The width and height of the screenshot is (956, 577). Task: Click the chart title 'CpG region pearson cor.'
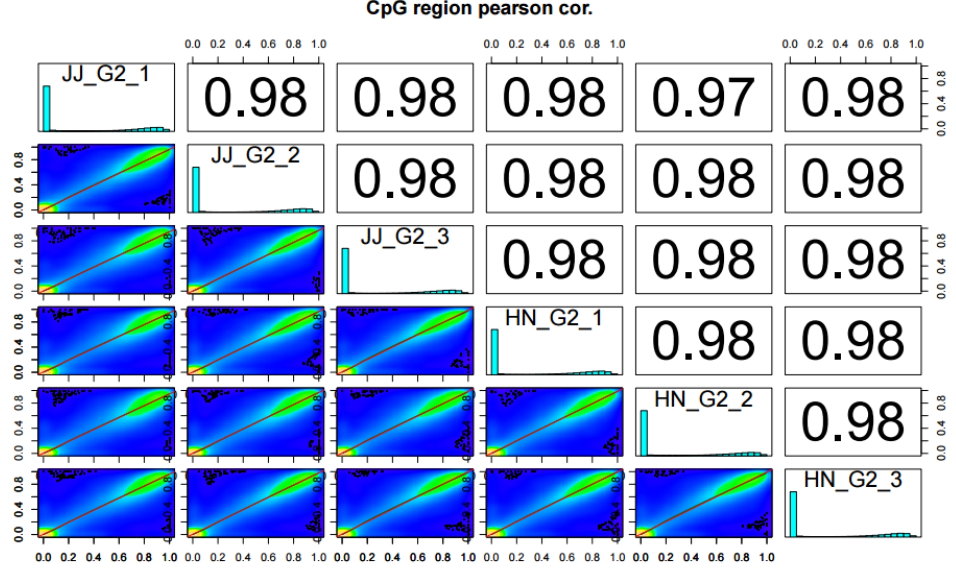pos(479,9)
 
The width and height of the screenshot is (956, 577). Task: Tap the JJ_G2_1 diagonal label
pos(106,74)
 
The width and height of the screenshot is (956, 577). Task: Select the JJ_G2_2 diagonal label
pos(255,155)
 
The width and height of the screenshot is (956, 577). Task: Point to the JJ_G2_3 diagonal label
pos(404,237)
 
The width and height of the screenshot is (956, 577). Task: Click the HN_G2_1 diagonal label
pos(554,318)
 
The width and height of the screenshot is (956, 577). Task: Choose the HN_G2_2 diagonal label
pos(703,400)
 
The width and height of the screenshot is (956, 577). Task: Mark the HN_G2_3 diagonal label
pos(852,480)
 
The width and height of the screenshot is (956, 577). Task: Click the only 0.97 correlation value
pos(703,98)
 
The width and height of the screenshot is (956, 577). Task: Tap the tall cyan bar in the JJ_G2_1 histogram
pos(46,109)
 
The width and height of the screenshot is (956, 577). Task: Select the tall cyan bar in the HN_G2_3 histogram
pos(793,514)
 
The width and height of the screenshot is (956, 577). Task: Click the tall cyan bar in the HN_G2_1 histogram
pos(495,352)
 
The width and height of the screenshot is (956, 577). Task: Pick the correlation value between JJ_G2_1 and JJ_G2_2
pos(255,98)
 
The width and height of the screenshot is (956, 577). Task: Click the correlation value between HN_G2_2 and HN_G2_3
pos(852,422)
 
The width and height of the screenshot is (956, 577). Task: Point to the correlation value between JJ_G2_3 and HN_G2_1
pos(554,260)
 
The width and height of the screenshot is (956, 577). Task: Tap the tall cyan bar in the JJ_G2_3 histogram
pos(345,271)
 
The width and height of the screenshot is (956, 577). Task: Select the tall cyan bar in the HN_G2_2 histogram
pos(644,433)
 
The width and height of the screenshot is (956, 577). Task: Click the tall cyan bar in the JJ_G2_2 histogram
pos(196,189)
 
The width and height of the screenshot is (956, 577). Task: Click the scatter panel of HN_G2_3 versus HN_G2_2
pos(703,503)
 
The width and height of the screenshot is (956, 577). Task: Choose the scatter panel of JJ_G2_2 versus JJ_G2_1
pos(106,178)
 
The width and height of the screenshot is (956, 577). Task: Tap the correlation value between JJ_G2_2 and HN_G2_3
pos(852,178)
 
